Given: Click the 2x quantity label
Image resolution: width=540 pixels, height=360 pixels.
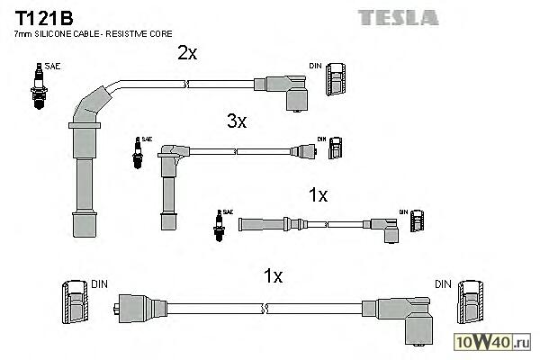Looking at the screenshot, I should pos(187,53).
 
